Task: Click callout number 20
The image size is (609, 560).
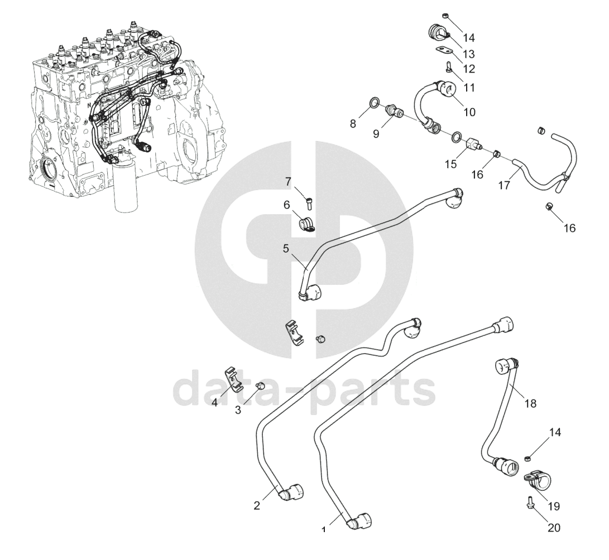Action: pos(554,527)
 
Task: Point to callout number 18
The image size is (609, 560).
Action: pos(530,403)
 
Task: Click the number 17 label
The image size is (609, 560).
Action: pos(504,186)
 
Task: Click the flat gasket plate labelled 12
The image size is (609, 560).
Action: pos(444,52)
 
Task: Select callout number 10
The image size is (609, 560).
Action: pos(469,112)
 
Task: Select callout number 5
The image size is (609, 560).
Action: pos(286,249)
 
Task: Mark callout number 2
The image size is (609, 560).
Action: pos(257,506)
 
